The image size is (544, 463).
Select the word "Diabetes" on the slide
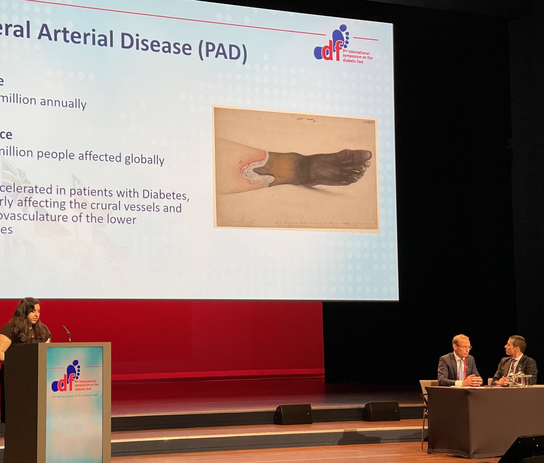pyautogui.click(x=165, y=194)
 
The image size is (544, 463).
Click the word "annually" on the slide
pyautogui.click(x=63, y=102)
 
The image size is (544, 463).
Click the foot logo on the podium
pyautogui.click(x=67, y=376)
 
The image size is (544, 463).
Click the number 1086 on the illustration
pyautogui.click(x=369, y=122)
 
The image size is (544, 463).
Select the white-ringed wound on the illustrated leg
pyautogui.click(x=256, y=170)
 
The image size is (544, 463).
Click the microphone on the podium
pyautogui.click(x=67, y=333)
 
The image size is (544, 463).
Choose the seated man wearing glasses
pyautogui.click(x=459, y=362)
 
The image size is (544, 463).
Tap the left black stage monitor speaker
pyautogui.click(x=293, y=414)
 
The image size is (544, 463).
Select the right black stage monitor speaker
pyautogui.click(x=381, y=411)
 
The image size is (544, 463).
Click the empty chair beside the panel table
pyautogui.click(x=426, y=399)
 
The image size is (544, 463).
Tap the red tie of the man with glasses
pyautogui.click(x=461, y=369)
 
